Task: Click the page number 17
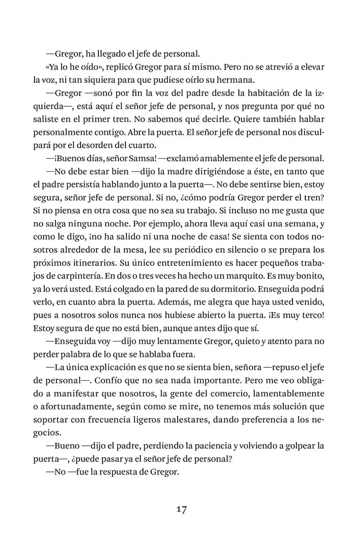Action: point(180,509)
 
